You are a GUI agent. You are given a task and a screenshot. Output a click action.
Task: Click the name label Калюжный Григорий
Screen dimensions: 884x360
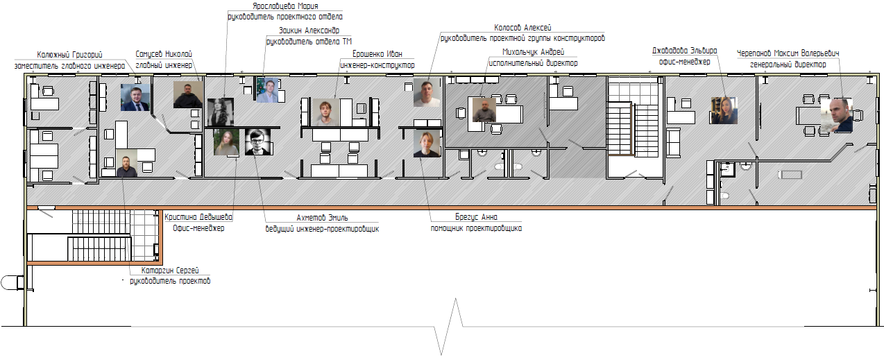(x=69, y=55)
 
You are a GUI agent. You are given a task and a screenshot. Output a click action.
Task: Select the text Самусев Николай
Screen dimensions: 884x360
(x=164, y=54)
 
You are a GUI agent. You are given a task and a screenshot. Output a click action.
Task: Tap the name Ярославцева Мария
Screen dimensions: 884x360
(x=285, y=6)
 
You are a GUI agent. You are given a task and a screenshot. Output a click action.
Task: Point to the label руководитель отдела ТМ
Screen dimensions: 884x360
(x=309, y=42)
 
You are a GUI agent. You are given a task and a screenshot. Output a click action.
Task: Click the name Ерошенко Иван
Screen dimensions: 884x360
(x=377, y=54)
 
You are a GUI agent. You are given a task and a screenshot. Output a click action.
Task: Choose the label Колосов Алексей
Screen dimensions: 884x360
(x=522, y=28)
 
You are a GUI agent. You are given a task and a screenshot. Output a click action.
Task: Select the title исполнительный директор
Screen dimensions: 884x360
(x=533, y=63)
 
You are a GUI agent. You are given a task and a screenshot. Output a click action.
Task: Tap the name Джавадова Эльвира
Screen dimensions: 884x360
(x=684, y=51)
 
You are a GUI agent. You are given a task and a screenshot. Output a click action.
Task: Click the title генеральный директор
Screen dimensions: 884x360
(x=788, y=65)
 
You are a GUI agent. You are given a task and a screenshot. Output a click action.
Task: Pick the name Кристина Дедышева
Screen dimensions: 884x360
(x=198, y=217)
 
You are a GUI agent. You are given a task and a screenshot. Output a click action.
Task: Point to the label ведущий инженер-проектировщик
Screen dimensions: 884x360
(x=322, y=229)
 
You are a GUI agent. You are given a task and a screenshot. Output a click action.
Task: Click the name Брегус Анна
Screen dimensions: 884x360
(x=476, y=217)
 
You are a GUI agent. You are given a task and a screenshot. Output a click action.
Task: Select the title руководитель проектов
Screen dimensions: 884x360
(x=170, y=281)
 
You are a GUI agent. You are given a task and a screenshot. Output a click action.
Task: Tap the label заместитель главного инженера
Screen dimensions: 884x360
(x=69, y=66)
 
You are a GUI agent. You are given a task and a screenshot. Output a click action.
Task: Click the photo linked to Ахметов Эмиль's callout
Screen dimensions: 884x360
(x=257, y=142)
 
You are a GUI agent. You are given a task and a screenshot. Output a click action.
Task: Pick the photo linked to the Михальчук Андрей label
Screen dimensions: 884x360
(x=484, y=110)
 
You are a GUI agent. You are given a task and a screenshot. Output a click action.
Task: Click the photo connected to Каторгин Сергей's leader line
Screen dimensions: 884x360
(x=127, y=163)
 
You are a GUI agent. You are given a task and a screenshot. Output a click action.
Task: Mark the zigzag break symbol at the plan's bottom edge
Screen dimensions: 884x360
(x=448, y=327)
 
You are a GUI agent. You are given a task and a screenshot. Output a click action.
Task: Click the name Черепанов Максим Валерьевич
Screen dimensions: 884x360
(x=788, y=53)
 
